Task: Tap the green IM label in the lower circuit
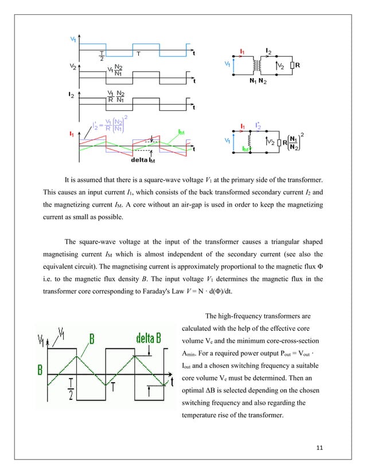(x=245, y=149)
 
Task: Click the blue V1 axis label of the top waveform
(x=73, y=39)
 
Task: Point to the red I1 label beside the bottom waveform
(x=72, y=134)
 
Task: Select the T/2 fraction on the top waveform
(x=102, y=55)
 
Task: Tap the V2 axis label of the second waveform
(x=73, y=67)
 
